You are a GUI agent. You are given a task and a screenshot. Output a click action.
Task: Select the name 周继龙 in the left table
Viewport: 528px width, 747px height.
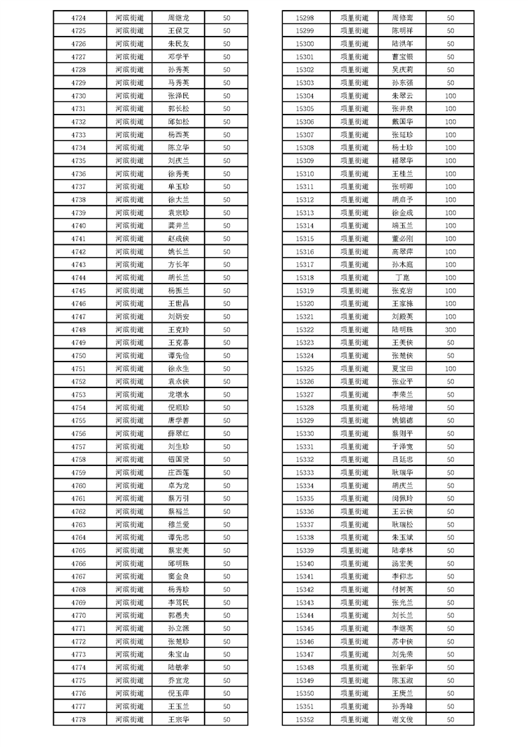[178, 18]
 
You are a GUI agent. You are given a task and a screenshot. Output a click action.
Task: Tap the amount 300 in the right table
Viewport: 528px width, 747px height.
[450, 330]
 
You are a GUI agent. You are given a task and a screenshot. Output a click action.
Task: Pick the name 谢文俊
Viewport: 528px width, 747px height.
[402, 719]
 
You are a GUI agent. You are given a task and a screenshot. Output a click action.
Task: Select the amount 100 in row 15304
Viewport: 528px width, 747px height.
[450, 96]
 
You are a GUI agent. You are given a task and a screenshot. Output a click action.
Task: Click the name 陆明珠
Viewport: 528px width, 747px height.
[402, 330]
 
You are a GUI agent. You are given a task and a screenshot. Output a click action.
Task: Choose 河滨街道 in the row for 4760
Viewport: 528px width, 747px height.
[129, 485]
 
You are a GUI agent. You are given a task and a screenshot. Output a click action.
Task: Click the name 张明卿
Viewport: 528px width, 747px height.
[402, 187]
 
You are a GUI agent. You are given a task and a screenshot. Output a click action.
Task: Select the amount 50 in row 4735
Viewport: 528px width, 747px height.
[226, 161]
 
